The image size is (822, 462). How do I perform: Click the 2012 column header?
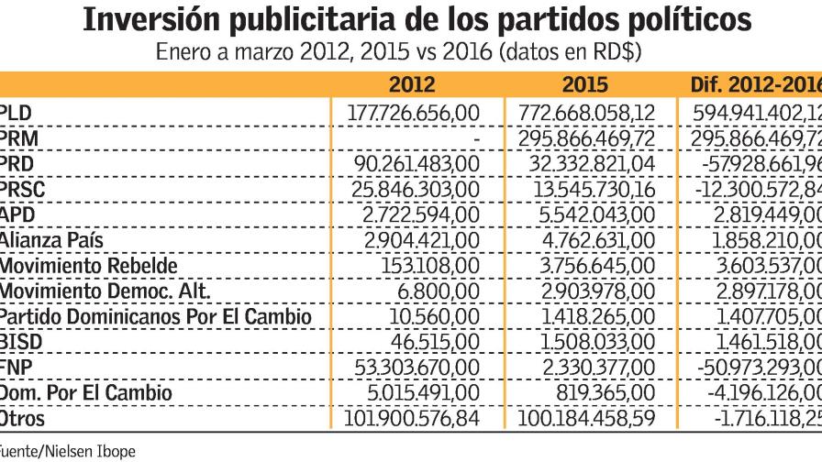(412, 86)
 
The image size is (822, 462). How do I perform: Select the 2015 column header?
(584, 86)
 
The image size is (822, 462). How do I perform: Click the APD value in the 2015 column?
(604, 214)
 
